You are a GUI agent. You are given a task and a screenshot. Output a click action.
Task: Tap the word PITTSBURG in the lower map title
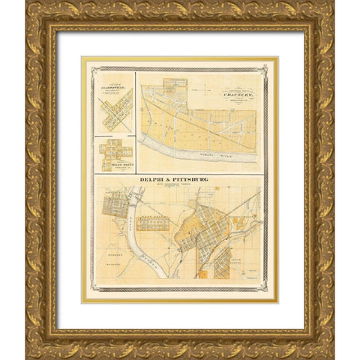click(190, 179)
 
